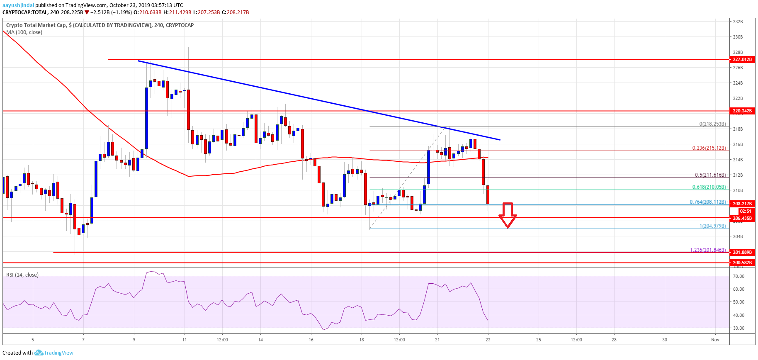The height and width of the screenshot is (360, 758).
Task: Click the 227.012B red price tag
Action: click(x=742, y=59)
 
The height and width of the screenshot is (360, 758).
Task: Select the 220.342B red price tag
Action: click(x=742, y=111)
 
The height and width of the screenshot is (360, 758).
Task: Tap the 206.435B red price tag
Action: click(x=742, y=218)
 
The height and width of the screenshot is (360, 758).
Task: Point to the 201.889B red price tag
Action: click(x=742, y=252)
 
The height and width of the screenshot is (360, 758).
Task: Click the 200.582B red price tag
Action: click(x=742, y=263)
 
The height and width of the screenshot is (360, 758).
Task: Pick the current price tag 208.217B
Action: click(x=742, y=204)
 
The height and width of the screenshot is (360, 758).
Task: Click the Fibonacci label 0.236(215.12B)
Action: click(x=709, y=148)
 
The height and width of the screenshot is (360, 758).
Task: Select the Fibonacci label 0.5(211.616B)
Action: click(x=710, y=175)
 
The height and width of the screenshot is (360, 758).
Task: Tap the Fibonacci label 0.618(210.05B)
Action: click(x=709, y=187)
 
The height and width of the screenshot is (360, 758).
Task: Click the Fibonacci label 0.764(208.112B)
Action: click(x=708, y=202)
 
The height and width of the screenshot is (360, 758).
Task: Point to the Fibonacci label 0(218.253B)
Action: click(x=712, y=124)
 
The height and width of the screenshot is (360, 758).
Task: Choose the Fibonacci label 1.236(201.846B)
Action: click(x=708, y=250)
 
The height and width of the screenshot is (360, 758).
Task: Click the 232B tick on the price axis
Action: click(x=738, y=22)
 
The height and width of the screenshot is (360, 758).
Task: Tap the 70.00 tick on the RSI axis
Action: click(x=739, y=276)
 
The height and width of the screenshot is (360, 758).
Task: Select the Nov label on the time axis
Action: click(x=715, y=340)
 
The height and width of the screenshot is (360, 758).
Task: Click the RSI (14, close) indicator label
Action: click(x=22, y=275)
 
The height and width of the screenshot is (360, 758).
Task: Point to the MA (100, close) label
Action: click(x=24, y=32)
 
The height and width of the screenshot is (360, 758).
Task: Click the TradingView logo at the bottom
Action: click(x=54, y=353)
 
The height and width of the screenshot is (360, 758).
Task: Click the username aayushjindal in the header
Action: click(x=18, y=5)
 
